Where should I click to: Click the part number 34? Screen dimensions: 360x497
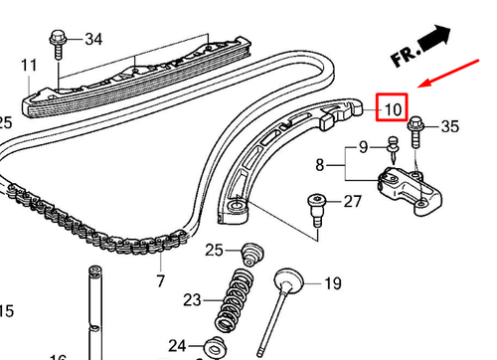92,40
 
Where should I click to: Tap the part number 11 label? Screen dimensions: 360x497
29,66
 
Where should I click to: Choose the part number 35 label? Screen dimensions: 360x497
449,126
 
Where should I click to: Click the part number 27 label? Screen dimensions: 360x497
353,202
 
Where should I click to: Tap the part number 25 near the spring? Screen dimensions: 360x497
214,249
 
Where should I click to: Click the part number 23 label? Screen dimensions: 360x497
191,298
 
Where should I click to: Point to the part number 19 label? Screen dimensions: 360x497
332,283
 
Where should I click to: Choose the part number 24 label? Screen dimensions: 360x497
177,345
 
